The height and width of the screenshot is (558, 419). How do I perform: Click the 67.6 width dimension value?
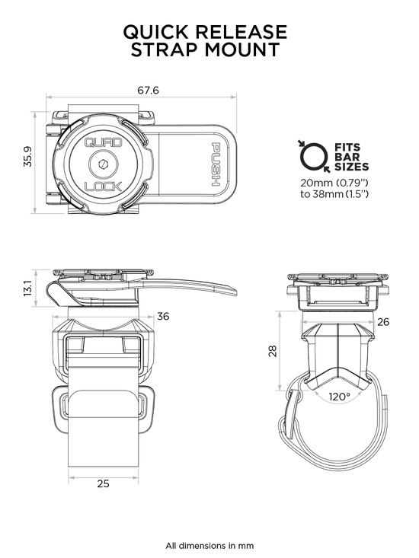click(148, 90)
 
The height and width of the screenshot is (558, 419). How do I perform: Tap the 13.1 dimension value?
click(28, 289)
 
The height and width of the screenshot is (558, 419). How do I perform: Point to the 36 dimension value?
click(162, 317)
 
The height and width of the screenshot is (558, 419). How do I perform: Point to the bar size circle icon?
click(311, 155)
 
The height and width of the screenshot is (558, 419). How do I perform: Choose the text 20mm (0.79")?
click(334, 182)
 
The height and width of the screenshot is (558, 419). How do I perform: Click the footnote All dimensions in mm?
click(209, 545)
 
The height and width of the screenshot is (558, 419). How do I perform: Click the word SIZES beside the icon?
click(351, 165)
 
